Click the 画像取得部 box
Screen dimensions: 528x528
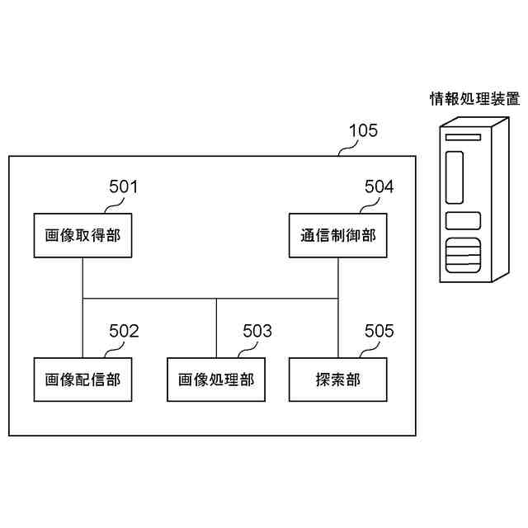click(82, 235)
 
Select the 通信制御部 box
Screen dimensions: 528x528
click(338, 235)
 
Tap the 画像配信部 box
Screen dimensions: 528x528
click(82, 379)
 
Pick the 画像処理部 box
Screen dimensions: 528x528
click(216, 379)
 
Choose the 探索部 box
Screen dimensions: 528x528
click(338, 379)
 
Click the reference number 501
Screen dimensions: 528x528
click(124, 187)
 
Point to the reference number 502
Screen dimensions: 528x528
click(124, 332)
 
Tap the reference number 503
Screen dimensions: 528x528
click(257, 332)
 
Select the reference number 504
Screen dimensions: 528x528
click(379, 187)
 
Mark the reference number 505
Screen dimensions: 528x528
click(379, 332)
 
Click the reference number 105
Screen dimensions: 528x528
click(363, 130)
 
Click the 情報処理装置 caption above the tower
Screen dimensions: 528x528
click(475, 100)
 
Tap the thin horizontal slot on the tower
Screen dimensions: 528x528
click(463, 137)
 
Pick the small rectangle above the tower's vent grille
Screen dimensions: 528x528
click(463, 220)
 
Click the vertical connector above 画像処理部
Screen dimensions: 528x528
click(216, 328)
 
